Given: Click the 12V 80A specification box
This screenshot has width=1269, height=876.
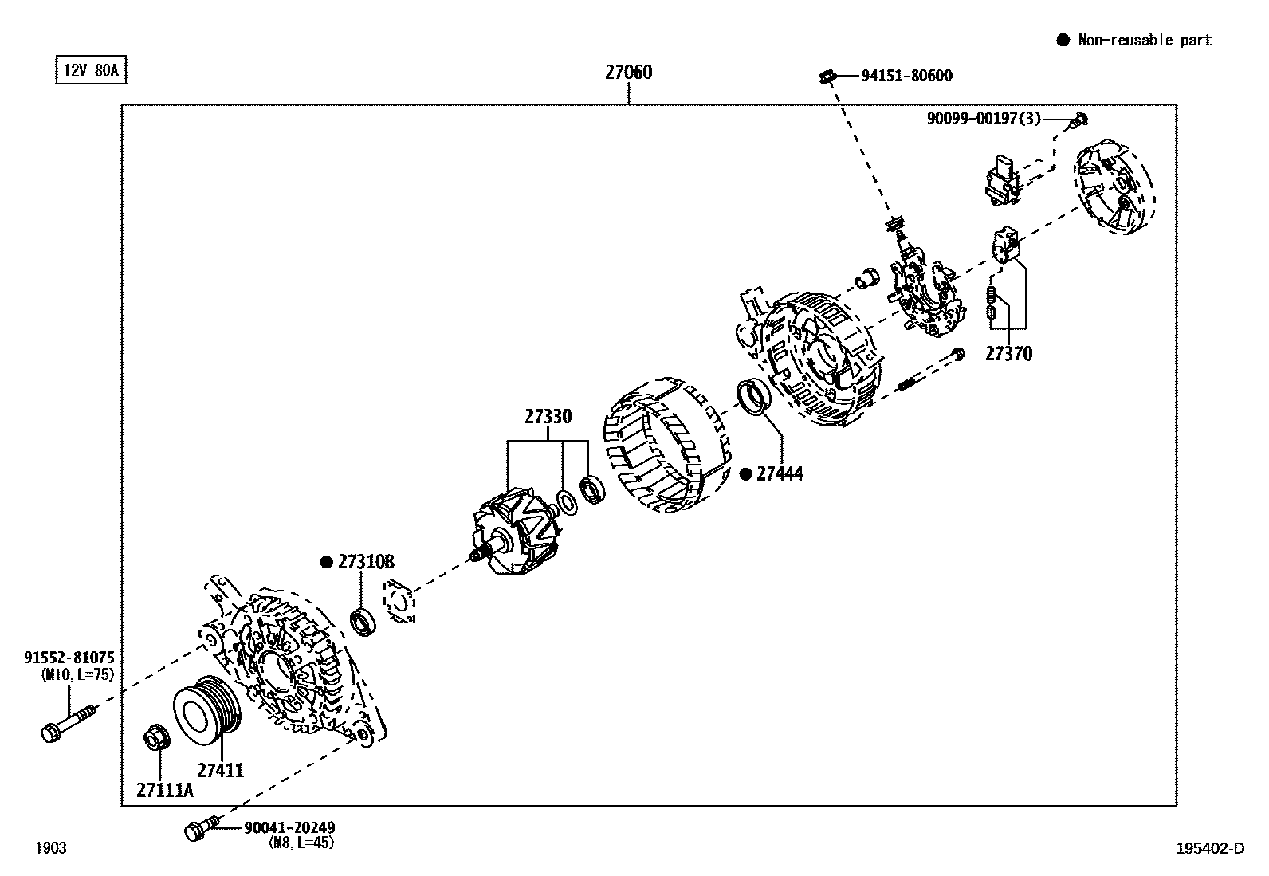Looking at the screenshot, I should (90, 70).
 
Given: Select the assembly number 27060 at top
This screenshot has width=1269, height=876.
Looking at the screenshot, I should (628, 73).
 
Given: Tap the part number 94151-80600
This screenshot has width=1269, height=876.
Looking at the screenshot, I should (906, 76).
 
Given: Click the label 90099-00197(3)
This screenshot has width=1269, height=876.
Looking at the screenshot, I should (984, 119).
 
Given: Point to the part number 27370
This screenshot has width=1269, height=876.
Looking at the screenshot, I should (1008, 354).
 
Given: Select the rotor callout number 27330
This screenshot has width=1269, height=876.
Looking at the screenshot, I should (548, 417).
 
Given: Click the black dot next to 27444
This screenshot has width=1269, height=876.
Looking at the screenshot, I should (746, 474).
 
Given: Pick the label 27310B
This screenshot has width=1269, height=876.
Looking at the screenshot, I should (366, 562).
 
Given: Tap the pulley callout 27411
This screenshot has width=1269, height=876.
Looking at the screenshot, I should (221, 771).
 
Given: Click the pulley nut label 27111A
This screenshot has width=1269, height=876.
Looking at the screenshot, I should (165, 790).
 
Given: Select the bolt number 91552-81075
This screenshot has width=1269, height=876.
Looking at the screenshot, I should (69, 658).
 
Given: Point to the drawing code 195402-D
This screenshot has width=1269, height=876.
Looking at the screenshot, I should (1209, 848).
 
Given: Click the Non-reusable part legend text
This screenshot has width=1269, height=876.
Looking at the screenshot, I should (1144, 41).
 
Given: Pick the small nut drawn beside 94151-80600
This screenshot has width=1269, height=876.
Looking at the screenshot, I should (827, 77).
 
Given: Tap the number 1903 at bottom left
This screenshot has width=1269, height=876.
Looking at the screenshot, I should (51, 848).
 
